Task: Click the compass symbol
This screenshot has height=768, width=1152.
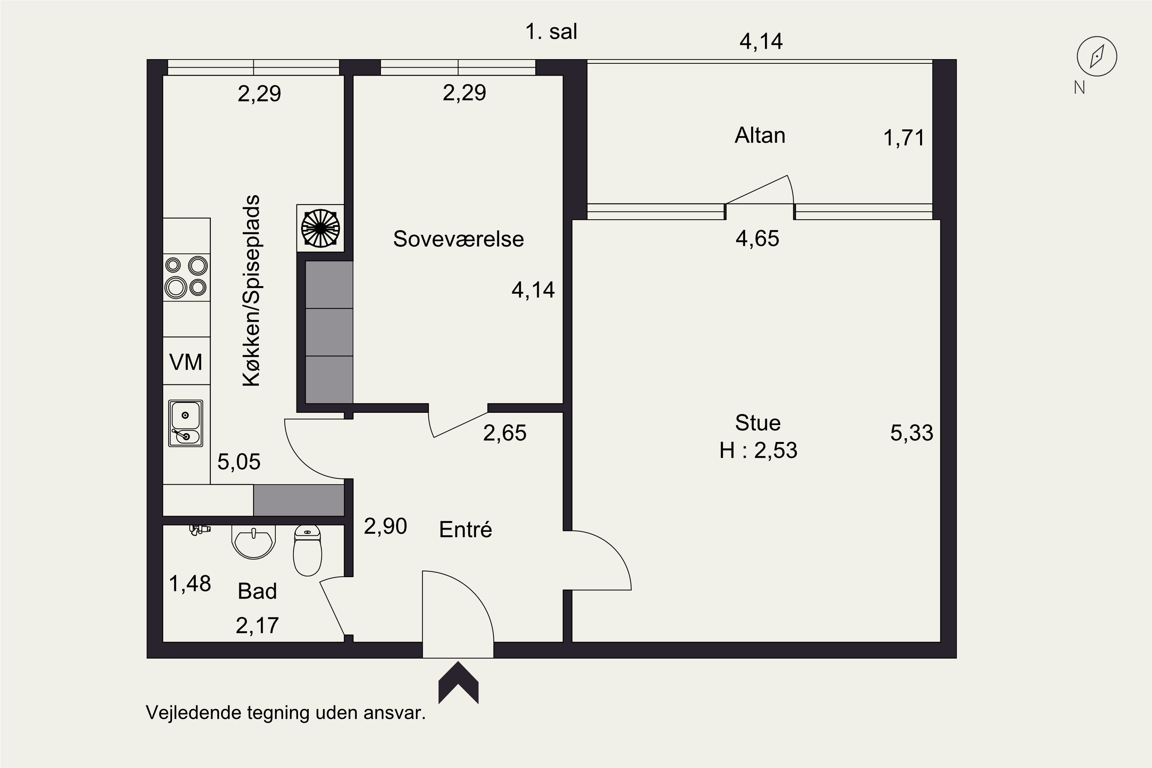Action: click(x=1097, y=56)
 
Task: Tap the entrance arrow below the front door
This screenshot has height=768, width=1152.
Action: click(x=458, y=683)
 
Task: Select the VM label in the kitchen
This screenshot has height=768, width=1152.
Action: click(x=185, y=362)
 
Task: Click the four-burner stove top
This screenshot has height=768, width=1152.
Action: click(x=187, y=277)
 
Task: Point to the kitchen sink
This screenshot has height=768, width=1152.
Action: click(x=185, y=423)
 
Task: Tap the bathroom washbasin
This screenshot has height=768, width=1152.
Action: click(x=253, y=542)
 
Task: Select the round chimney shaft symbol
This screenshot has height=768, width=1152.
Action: click(x=320, y=228)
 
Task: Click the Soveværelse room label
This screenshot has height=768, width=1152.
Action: click(x=458, y=239)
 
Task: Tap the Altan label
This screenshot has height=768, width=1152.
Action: click(x=760, y=135)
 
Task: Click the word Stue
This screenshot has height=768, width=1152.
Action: click(x=758, y=423)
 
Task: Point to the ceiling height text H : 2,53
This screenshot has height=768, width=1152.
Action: click(x=758, y=450)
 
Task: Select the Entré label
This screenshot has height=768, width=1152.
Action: click(x=465, y=529)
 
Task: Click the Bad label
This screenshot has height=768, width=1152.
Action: click(x=257, y=591)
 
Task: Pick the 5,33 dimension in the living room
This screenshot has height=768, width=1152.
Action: click(x=912, y=433)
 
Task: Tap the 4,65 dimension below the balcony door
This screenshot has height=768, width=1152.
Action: click(x=757, y=238)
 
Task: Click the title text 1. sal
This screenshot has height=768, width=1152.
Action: click(x=551, y=32)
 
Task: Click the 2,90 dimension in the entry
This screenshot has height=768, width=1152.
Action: click(x=386, y=526)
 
